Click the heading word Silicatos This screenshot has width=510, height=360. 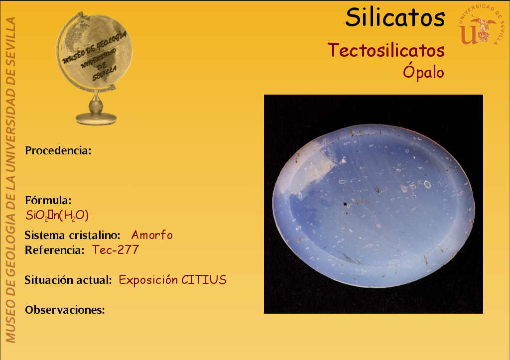pyautogui.click(x=395, y=17)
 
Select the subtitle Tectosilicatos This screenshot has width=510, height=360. pyautogui.click(x=386, y=50)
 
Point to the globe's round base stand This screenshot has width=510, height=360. pyautogui.click(x=96, y=119)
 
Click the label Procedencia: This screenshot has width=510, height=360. pyautogui.click(x=58, y=150)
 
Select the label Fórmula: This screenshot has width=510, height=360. pyautogui.click(x=48, y=200)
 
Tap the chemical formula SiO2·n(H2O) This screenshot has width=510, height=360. pyautogui.click(x=57, y=215)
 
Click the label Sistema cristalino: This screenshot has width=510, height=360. pyautogui.click(x=73, y=235)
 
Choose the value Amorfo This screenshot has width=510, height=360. pyautogui.click(x=152, y=235)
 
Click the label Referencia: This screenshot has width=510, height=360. pyautogui.click(x=55, y=250)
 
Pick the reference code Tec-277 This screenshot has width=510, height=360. pyautogui.click(x=116, y=250)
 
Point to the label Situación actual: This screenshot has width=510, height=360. pyautogui.click(x=68, y=280)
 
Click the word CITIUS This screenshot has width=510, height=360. pyautogui.click(x=204, y=280)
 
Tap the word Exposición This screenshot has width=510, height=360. pyautogui.click(x=148, y=280)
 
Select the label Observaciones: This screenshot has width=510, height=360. pyautogui.click(x=65, y=310)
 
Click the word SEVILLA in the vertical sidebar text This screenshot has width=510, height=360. pyautogui.click(x=11, y=39)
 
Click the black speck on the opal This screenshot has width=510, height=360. pyautogui.click(x=346, y=205)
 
